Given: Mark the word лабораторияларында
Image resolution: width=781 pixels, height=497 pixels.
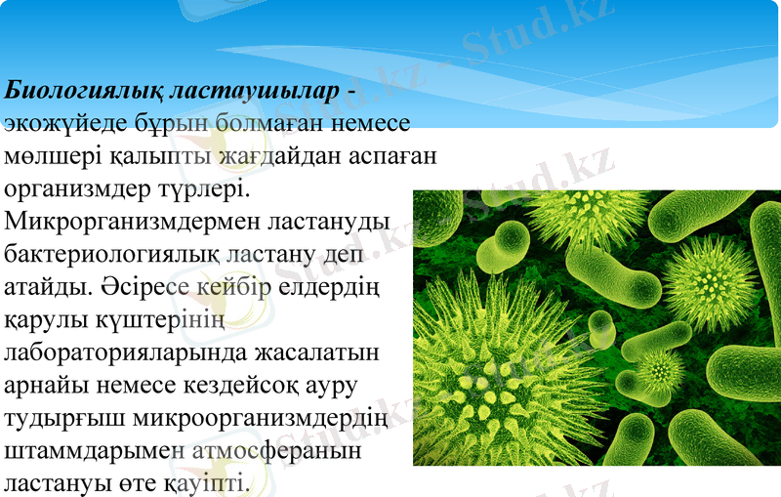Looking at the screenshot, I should point(137,352).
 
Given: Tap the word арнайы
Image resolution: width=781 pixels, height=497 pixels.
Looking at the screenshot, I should point(46,385).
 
